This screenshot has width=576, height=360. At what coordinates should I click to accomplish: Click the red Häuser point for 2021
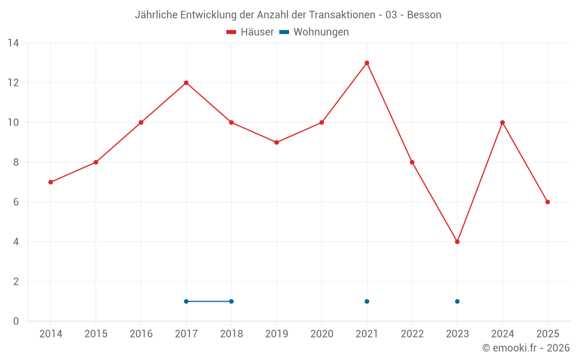tap(367, 63)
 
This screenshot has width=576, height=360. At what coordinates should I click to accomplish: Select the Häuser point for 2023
tap(457, 242)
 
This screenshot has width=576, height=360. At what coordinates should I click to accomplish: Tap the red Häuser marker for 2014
tap(51, 182)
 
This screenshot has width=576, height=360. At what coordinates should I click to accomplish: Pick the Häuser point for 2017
tap(186, 83)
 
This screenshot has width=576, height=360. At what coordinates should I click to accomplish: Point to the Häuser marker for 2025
tap(548, 202)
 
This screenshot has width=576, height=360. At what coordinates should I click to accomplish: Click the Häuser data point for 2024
tap(502, 123)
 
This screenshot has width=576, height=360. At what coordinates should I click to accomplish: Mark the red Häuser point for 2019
tap(276, 142)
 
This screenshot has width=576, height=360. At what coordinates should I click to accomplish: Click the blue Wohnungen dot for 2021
tap(367, 301)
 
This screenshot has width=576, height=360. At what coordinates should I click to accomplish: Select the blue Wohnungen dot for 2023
tap(457, 301)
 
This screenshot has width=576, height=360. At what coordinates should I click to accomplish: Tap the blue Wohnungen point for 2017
tap(186, 301)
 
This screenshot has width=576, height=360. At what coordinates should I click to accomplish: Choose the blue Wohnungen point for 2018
tap(231, 301)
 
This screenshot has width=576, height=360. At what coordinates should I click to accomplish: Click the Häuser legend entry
tap(250, 32)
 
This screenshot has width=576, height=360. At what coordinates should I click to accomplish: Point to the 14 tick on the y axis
tap(13, 43)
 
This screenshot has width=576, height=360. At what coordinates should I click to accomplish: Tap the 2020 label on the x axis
tap(321, 334)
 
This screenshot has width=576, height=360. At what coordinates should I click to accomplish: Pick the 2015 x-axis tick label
tap(96, 334)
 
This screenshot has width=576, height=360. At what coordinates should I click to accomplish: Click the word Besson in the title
tap(424, 15)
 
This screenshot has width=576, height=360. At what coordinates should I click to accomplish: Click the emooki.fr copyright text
tap(526, 348)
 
